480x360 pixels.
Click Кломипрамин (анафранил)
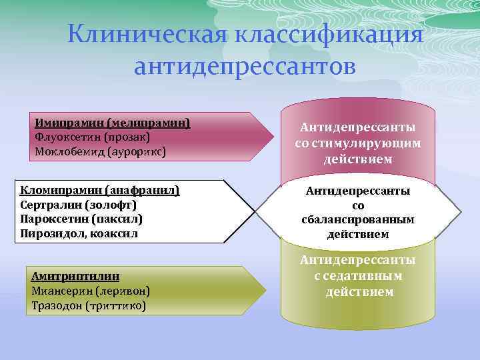(100, 191)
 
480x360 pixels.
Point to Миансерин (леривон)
(90, 291)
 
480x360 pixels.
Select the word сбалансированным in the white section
(358, 220)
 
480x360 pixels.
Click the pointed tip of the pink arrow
(273, 136)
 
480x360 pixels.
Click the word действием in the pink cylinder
(358, 160)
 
